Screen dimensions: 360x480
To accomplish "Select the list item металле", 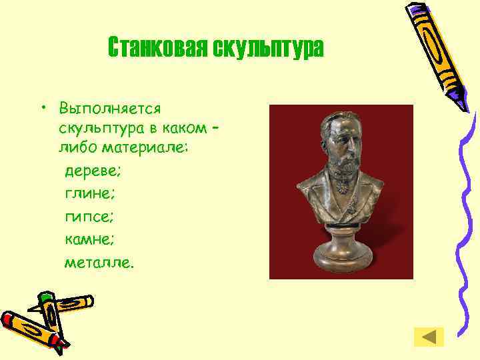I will pos(99,262).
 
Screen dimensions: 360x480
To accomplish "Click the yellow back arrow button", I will pos(429,337).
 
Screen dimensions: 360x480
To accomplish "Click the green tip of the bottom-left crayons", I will pos(45,297).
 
